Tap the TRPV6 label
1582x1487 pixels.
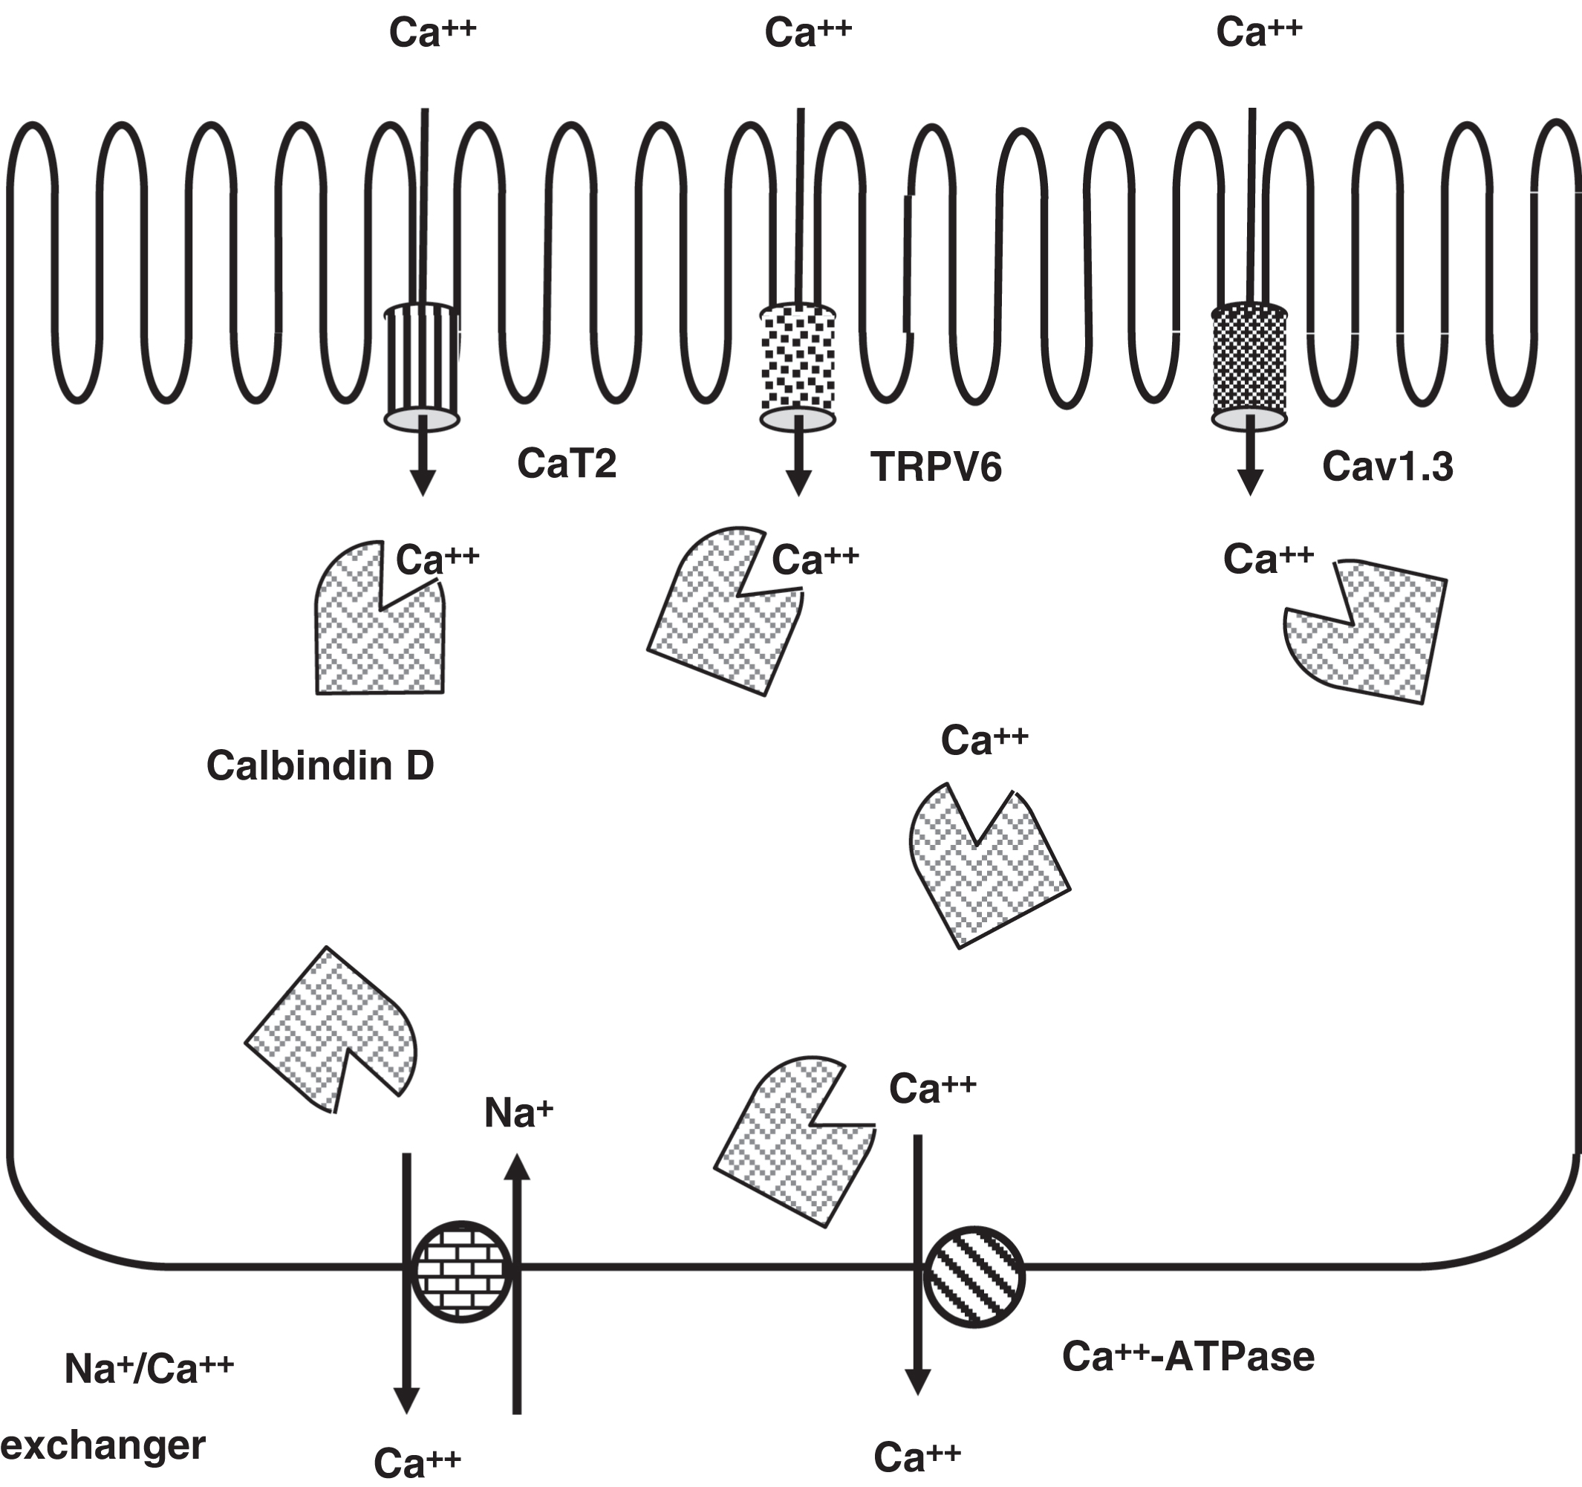[936, 467]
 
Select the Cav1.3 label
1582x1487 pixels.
[1388, 467]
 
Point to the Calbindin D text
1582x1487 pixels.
[320, 765]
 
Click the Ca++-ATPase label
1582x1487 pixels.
[1188, 1356]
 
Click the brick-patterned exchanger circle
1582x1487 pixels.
[461, 1271]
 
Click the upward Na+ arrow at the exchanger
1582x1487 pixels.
[517, 1274]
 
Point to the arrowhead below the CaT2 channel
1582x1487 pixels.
[423, 482]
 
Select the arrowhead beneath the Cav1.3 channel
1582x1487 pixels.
[1250, 482]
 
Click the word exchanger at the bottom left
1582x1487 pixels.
[103, 1445]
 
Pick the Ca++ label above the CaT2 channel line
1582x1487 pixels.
[432, 33]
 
